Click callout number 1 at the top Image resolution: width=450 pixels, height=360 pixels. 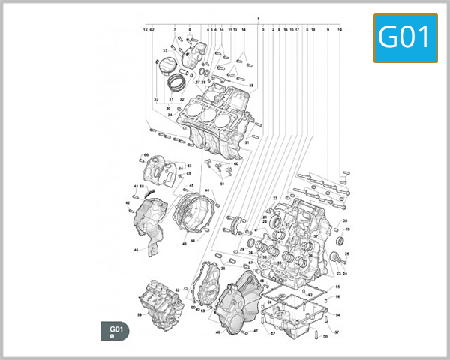click(257, 17)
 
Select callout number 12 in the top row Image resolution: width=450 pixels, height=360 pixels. click(145, 29)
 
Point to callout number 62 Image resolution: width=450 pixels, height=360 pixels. click(151, 29)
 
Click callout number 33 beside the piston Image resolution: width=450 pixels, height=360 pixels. click(164, 49)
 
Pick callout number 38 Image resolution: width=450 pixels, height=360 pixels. click(251, 85)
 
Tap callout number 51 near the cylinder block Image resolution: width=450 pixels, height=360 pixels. click(247, 141)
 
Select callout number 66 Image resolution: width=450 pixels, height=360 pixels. click(146, 155)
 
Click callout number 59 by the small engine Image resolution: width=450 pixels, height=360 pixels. click(139, 314)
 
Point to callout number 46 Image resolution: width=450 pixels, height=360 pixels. click(218, 331)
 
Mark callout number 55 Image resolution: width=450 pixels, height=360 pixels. click(337, 287)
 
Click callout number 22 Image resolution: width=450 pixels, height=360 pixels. click(274, 198)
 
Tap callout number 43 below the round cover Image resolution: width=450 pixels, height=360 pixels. click(184, 244)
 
